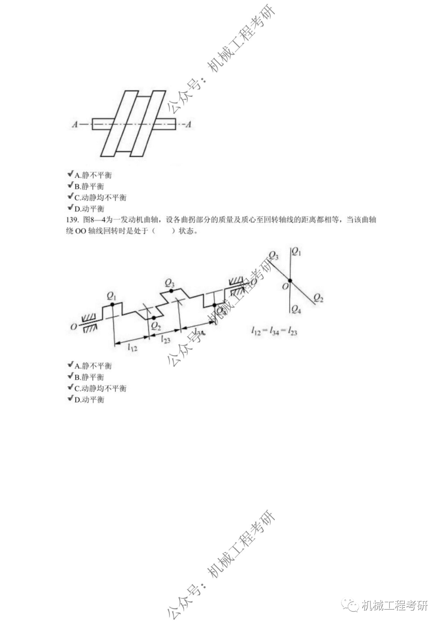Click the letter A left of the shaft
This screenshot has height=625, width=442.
pyautogui.click(x=74, y=124)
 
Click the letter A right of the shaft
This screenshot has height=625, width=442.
pyautogui.click(x=188, y=124)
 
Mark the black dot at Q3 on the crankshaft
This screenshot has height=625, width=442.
pyautogui.click(x=170, y=290)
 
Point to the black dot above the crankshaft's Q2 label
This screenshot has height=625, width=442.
pyautogui.click(x=153, y=318)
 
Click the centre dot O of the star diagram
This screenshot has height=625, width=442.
pyautogui.click(x=290, y=281)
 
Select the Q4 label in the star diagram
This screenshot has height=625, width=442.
pyautogui.click(x=296, y=310)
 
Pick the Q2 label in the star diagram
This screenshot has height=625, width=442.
pyautogui.click(x=318, y=298)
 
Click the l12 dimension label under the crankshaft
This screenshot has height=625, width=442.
pyautogui.click(x=132, y=348)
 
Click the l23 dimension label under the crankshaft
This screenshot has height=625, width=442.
pyautogui.click(x=165, y=340)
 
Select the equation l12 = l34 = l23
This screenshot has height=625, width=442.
pyautogui.click(x=274, y=331)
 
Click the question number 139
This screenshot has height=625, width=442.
pyautogui.click(x=72, y=220)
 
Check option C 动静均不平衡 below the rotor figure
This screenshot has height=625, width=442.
pyautogui.click(x=100, y=197)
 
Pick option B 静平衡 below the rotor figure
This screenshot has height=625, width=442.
pyautogui.click(x=89, y=186)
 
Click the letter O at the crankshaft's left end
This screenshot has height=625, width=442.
pyautogui.click(x=74, y=327)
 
